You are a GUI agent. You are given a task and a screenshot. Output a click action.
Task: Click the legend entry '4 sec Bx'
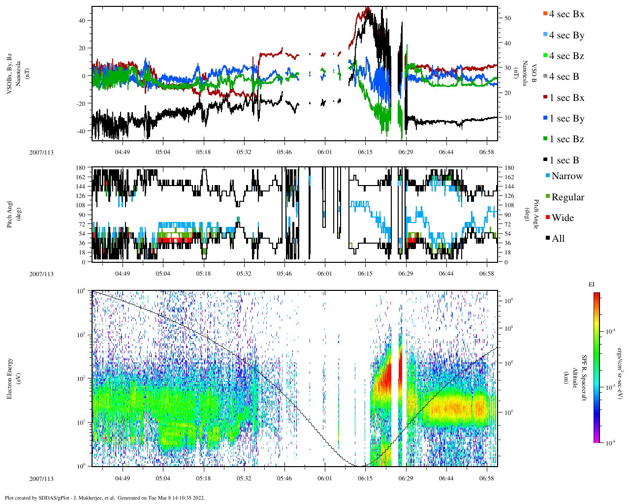coord(566,14)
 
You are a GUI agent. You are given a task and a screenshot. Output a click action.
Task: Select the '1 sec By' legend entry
coord(566,119)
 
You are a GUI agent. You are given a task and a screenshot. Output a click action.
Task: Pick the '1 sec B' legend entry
coord(564,160)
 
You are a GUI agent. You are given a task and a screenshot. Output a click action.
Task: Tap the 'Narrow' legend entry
coord(567,176)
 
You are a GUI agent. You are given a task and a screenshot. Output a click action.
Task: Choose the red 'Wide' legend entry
coord(562,218)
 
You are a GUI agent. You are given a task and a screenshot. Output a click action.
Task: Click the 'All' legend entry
coord(558,239)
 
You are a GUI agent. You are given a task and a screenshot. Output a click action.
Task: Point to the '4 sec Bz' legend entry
coord(566,56)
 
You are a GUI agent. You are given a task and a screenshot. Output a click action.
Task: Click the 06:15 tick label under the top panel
coord(365,152)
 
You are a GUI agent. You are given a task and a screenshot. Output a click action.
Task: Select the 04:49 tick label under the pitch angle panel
coord(123,274)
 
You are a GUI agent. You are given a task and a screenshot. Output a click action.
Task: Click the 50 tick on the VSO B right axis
coord(507,18)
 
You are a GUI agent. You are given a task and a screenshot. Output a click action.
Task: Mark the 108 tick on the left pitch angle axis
coord(81,205)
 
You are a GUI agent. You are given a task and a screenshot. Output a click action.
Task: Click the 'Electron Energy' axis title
coord(9,378)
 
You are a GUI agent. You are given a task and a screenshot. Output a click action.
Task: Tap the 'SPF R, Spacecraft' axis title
coord(584,378)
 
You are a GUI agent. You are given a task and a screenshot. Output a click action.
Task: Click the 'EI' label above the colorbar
coord(592,284)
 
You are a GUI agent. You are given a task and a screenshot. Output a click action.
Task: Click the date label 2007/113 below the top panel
coord(41,152)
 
